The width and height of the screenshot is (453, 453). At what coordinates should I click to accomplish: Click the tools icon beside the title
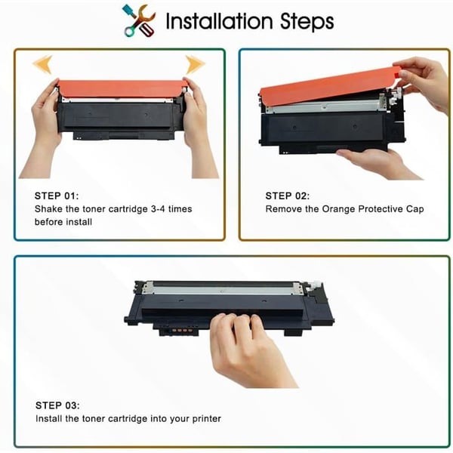pyautogui.click(x=139, y=21)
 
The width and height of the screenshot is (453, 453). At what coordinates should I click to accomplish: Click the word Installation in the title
pyautogui.click(x=219, y=21)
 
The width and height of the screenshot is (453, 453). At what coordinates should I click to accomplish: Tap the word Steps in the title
pyautogui.click(x=307, y=22)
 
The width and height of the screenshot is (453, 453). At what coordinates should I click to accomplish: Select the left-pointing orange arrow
pyautogui.click(x=42, y=64)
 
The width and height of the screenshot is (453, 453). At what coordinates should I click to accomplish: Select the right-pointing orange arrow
pyautogui.click(x=195, y=64)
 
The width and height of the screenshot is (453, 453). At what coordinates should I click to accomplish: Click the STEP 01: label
pyautogui.click(x=57, y=196)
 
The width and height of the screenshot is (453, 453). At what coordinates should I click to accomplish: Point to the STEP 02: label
pyautogui.click(x=288, y=196)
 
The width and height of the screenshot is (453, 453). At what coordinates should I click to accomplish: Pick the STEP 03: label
pyautogui.click(x=57, y=405)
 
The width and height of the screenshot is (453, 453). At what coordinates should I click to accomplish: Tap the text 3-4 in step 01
pyautogui.click(x=158, y=209)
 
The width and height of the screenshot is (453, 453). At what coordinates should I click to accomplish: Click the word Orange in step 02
pyautogui.click(x=338, y=209)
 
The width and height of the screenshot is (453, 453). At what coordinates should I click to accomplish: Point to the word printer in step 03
pyautogui.click(x=207, y=419)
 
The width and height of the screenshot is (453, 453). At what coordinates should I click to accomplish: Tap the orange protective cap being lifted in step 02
pyautogui.click(x=329, y=84)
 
